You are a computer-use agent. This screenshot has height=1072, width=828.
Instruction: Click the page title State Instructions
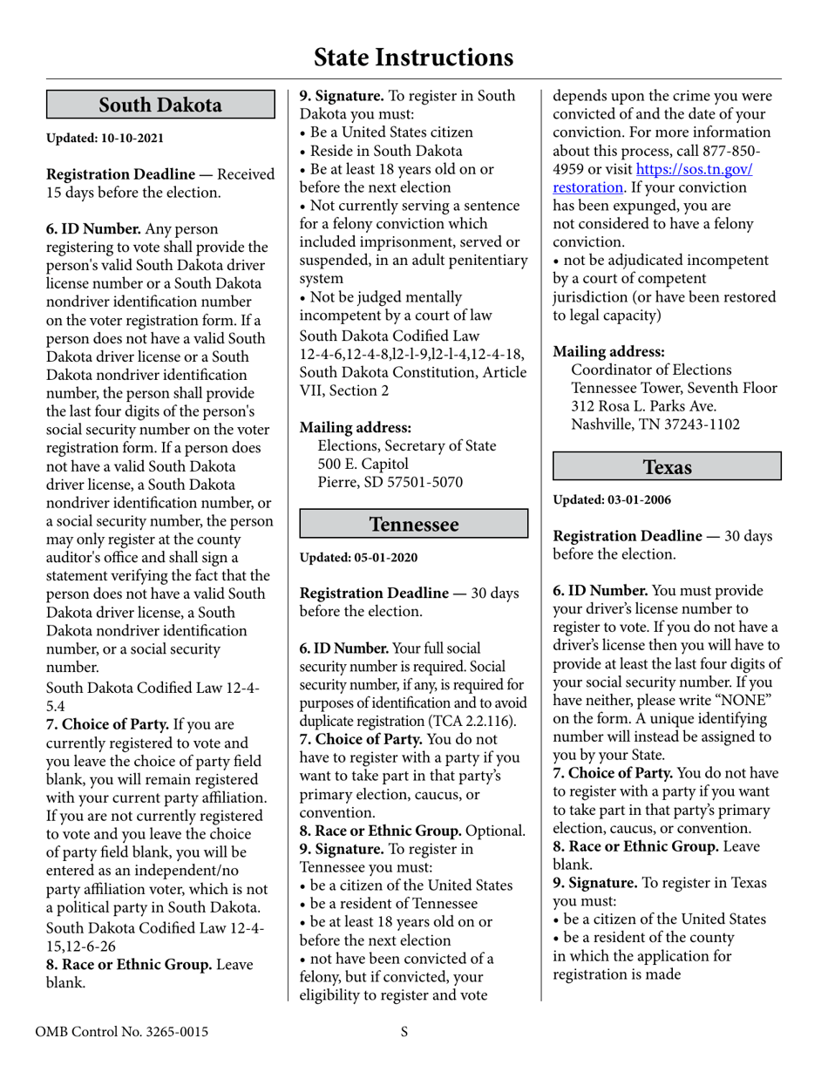413,58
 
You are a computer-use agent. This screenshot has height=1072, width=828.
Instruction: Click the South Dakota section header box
160,105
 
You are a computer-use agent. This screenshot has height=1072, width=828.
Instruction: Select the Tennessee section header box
413,524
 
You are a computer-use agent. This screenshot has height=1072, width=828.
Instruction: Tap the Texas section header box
667,466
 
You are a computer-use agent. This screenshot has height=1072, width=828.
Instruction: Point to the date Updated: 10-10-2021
105,139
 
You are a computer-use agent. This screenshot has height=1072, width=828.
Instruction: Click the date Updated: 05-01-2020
358,557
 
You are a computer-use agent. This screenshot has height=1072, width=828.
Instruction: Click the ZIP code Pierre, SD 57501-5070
390,482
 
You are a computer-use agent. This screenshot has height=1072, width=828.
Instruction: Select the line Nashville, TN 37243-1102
655,424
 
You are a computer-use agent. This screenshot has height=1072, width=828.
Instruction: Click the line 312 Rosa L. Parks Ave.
644,406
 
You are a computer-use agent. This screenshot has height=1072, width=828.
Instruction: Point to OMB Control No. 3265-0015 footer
121,1033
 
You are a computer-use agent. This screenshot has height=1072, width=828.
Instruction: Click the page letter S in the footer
404,1033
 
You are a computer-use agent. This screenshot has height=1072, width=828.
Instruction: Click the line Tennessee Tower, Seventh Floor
674,388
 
